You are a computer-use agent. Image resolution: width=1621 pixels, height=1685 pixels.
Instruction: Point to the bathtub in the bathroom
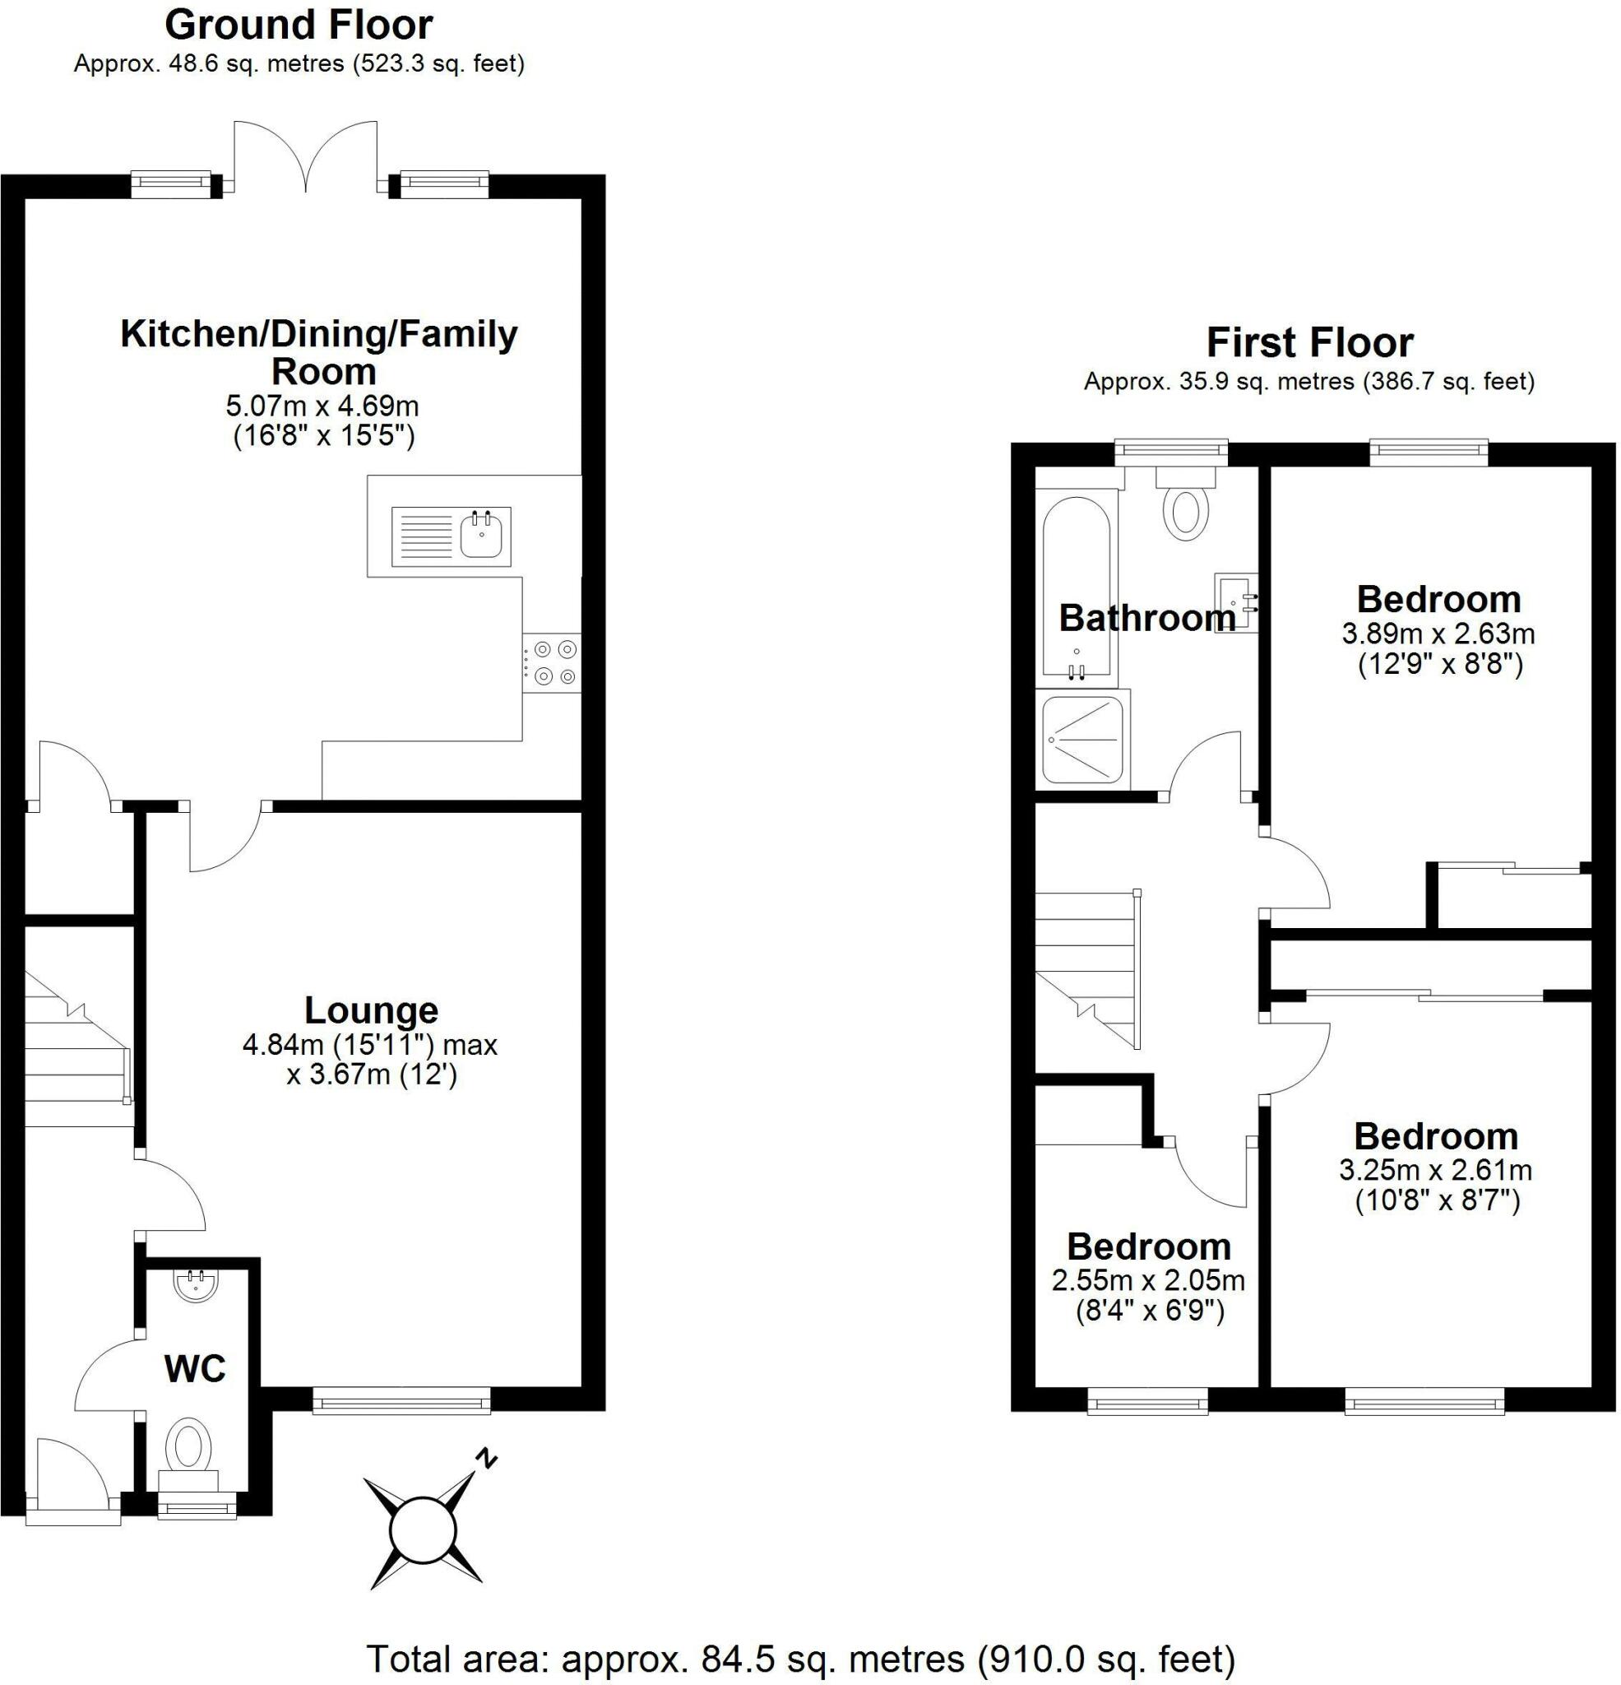1075,587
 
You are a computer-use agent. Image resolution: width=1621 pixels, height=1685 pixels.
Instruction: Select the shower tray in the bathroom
1083,740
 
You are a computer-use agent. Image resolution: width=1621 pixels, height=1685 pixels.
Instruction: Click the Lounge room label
371,1010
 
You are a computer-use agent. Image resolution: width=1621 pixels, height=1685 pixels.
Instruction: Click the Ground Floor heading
299,25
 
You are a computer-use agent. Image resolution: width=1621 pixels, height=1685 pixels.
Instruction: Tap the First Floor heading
1309,343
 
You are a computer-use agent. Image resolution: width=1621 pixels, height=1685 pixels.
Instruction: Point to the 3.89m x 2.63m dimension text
1438,634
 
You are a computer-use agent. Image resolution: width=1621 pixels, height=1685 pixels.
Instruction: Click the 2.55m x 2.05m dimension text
1148,1281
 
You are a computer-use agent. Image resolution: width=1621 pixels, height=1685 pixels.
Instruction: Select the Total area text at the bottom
800,1658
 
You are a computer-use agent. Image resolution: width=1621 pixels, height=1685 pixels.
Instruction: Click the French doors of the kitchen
306,159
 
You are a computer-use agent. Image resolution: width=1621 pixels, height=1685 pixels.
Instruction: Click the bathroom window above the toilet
1170,448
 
